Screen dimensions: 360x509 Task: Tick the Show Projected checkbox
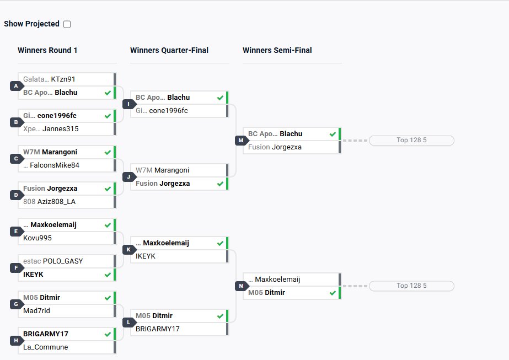coord(67,24)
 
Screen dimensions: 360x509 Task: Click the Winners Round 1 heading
coord(47,50)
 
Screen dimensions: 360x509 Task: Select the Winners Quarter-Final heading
coord(169,50)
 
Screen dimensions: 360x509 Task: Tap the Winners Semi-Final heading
coord(277,50)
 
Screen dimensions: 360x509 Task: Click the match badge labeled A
coord(16,86)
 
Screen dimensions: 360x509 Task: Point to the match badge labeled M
coord(241,141)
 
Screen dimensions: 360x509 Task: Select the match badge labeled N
coord(241,286)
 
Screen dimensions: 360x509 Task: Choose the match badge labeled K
coord(128,250)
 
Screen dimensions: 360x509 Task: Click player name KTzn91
coord(63,79)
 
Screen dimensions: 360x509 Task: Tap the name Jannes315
coord(61,129)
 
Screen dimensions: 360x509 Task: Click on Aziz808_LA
coord(56,202)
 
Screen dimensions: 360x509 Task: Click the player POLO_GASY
coord(63,261)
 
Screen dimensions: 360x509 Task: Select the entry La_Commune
coord(46,347)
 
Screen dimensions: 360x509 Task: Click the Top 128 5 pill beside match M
coord(411,141)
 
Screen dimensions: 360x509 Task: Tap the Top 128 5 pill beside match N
coord(411,286)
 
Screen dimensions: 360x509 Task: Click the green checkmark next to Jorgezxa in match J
coord(220,184)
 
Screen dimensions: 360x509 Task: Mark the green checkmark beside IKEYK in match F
coord(108,274)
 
